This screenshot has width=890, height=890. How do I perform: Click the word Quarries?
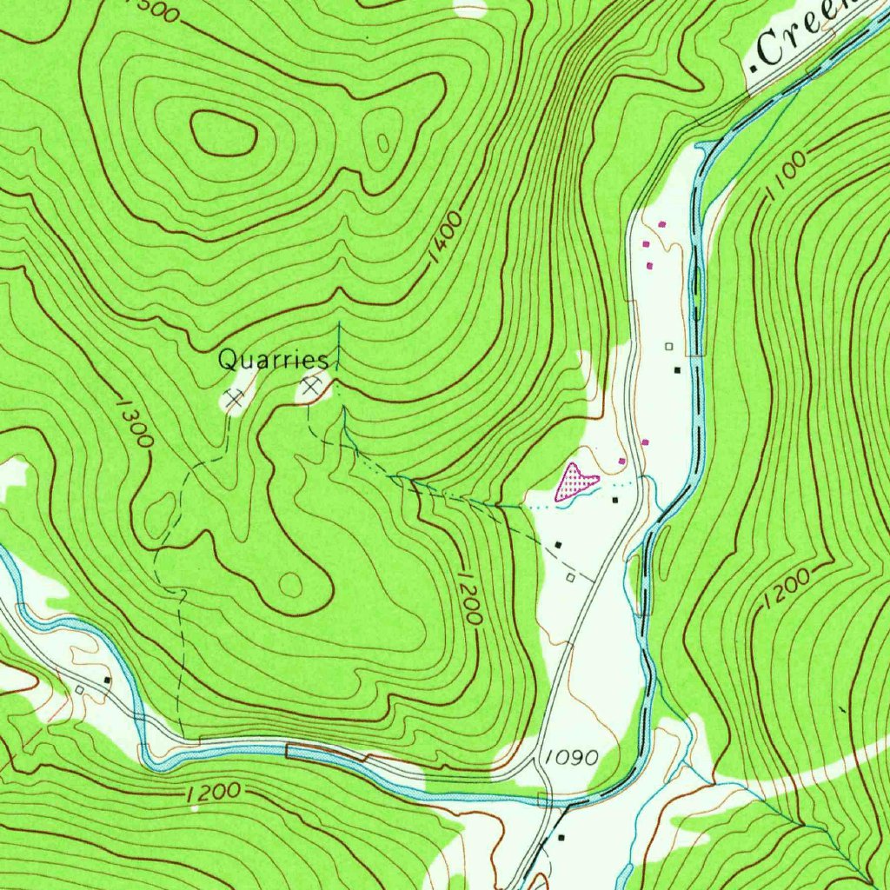pyautogui.click(x=272, y=358)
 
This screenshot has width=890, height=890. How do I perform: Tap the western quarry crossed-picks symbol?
pyautogui.click(x=232, y=399)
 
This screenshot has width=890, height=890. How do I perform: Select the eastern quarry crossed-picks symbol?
pyautogui.click(x=311, y=384)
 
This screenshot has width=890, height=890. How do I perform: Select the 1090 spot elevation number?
pyautogui.click(x=571, y=758)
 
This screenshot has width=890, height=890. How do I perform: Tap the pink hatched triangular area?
pyautogui.click(x=575, y=481)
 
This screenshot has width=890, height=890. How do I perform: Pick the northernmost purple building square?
pyautogui.click(x=662, y=224)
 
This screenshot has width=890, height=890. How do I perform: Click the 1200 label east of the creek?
pyautogui.click(x=787, y=591)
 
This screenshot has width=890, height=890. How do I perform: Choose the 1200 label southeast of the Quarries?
pyautogui.click(x=468, y=598)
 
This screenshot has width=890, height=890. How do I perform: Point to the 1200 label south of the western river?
pyautogui.click(x=213, y=793)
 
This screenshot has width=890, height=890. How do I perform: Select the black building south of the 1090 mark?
pyautogui.click(x=561, y=838)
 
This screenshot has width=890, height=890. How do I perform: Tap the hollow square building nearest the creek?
pyautogui.click(x=669, y=346)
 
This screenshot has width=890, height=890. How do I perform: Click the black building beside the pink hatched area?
pyautogui.click(x=615, y=500)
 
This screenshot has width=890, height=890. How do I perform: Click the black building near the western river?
pyautogui.click(x=107, y=679)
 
